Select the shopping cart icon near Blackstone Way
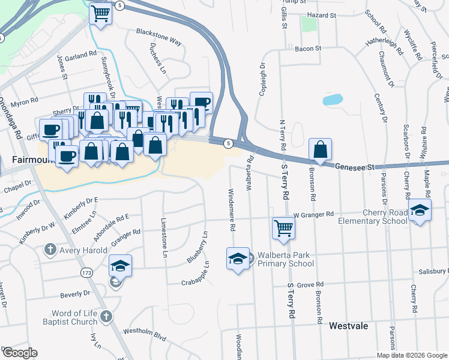click(x=101, y=13)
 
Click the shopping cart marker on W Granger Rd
click(x=283, y=227)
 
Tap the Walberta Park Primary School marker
click(x=238, y=259)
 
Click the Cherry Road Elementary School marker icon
click(x=420, y=210)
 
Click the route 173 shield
click(x=86, y=272)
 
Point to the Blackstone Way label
click(x=158, y=36)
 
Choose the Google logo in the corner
click(x=19, y=353)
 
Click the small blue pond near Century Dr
click(x=333, y=100)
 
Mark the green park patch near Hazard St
click(x=309, y=24)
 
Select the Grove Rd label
click(x=310, y=284)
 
